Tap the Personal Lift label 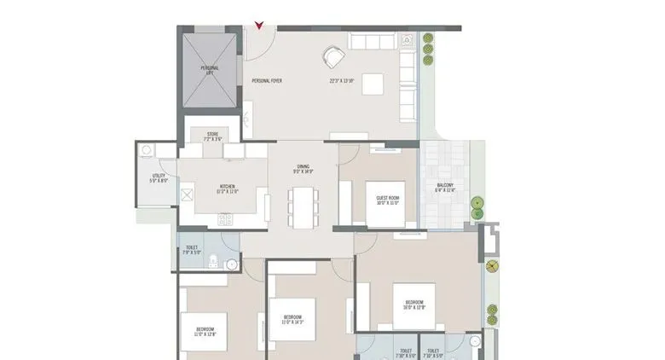pos(210,70)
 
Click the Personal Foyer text pos(267,81)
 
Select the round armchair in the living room pos(332,57)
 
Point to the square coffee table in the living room pos(373,84)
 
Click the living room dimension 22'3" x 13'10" pos(343,81)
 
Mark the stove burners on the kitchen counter pos(225,219)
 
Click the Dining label pos(303,168)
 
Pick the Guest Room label pos(388,200)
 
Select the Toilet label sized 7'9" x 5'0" pos(192,249)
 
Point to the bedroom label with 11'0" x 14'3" pos(293,320)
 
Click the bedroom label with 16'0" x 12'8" pos(414,305)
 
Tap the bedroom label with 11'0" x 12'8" pos(205,331)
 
